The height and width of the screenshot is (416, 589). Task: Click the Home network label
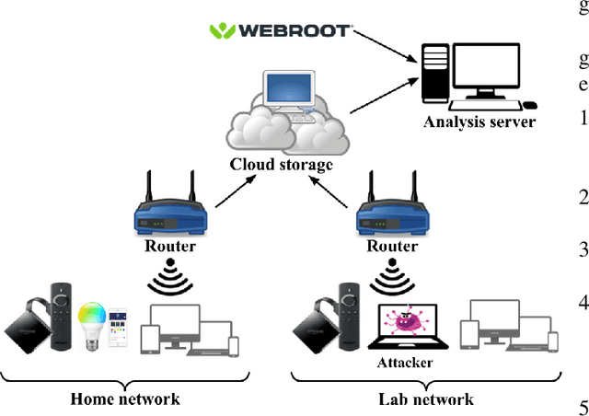coord(125,399)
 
